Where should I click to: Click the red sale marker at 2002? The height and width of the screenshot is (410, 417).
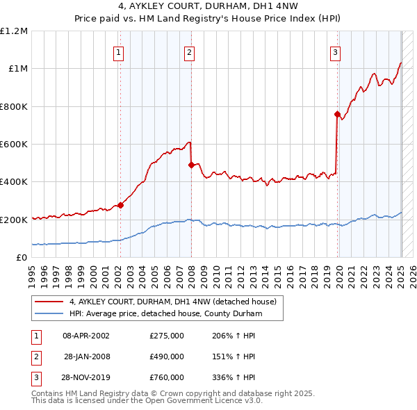(x=120, y=205)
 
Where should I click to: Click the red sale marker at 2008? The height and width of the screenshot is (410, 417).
(x=190, y=165)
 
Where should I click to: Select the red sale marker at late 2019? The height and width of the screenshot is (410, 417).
(x=337, y=114)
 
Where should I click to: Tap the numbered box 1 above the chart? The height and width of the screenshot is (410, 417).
(x=119, y=51)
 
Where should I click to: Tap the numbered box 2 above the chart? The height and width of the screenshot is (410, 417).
(x=189, y=51)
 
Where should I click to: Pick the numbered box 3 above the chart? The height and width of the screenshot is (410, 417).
(x=336, y=51)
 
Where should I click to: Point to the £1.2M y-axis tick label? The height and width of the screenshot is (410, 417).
(x=14, y=31)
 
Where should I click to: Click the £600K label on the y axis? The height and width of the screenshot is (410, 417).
(x=14, y=145)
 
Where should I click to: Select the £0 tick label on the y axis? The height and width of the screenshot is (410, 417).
(x=22, y=258)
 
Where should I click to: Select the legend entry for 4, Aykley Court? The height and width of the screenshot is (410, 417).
(x=173, y=302)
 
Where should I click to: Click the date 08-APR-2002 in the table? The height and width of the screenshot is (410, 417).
(x=86, y=336)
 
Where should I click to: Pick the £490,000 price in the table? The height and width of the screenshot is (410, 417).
(x=167, y=356)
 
